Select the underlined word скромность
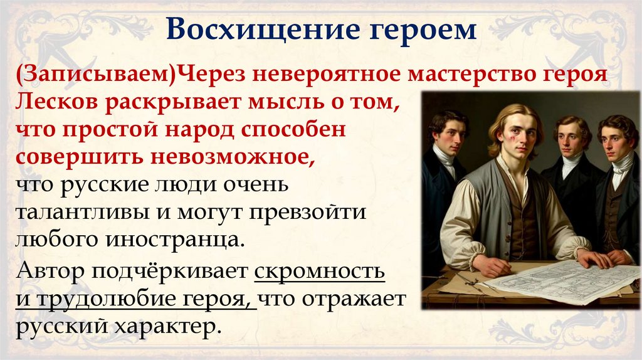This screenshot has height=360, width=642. pyautogui.click(x=320, y=272)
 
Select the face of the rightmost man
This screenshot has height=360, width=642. pyautogui.click(x=614, y=139)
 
